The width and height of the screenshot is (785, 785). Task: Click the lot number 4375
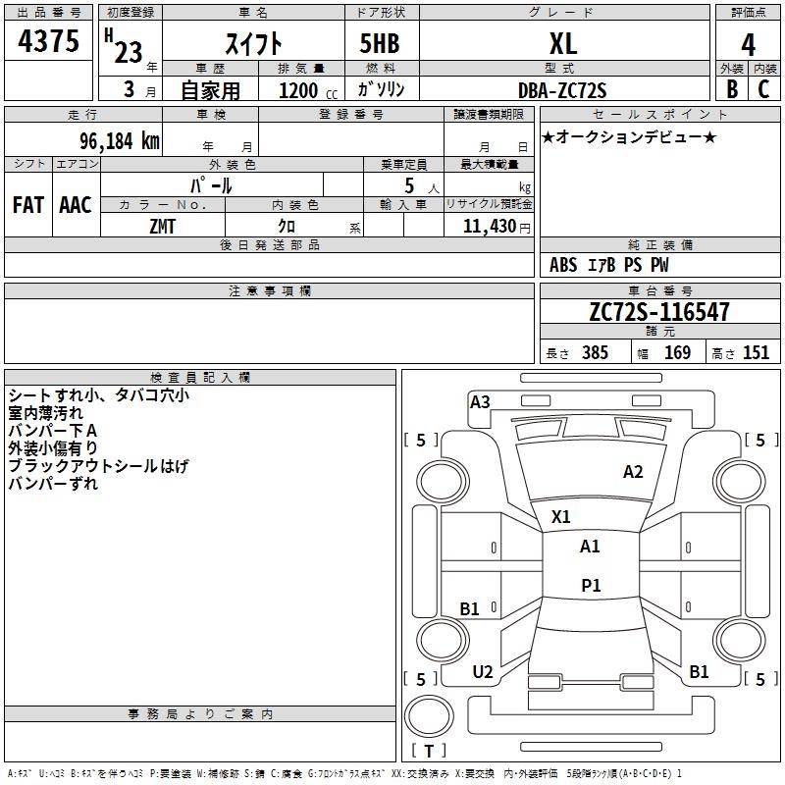tap(48, 42)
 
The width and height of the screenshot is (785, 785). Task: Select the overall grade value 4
tap(749, 44)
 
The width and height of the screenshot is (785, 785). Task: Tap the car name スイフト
tap(254, 44)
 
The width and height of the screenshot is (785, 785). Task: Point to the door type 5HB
tap(381, 44)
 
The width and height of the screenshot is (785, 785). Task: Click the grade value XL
tap(563, 44)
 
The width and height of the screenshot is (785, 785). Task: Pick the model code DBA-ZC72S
tap(562, 90)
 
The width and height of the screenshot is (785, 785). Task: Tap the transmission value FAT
tap(27, 205)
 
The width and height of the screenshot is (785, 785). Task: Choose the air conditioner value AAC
tap(76, 205)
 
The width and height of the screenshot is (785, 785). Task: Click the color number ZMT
tap(162, 226)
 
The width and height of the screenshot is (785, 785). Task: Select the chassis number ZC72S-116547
tap(658, 312)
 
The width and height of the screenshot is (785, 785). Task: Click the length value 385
tap(594, 353)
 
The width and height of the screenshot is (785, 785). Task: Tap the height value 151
tap(756, 353)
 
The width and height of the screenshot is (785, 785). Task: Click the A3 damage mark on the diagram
tap(480, 401)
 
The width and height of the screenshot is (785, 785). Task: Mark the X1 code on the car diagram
tap(561, 516)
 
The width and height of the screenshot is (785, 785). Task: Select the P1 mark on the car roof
tap(591, 586)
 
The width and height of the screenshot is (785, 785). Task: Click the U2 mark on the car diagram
tap(483, 672)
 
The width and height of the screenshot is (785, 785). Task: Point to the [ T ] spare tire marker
tap(429, 752)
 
